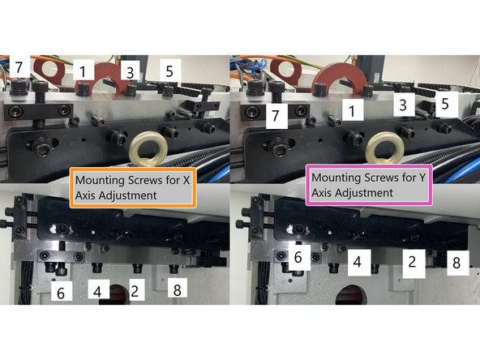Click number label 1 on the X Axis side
coord(83,71)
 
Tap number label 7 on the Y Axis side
coord(276,117)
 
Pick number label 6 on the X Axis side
coord(58,289)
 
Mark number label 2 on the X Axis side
coord(135,289)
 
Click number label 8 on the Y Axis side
coord(455,263)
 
